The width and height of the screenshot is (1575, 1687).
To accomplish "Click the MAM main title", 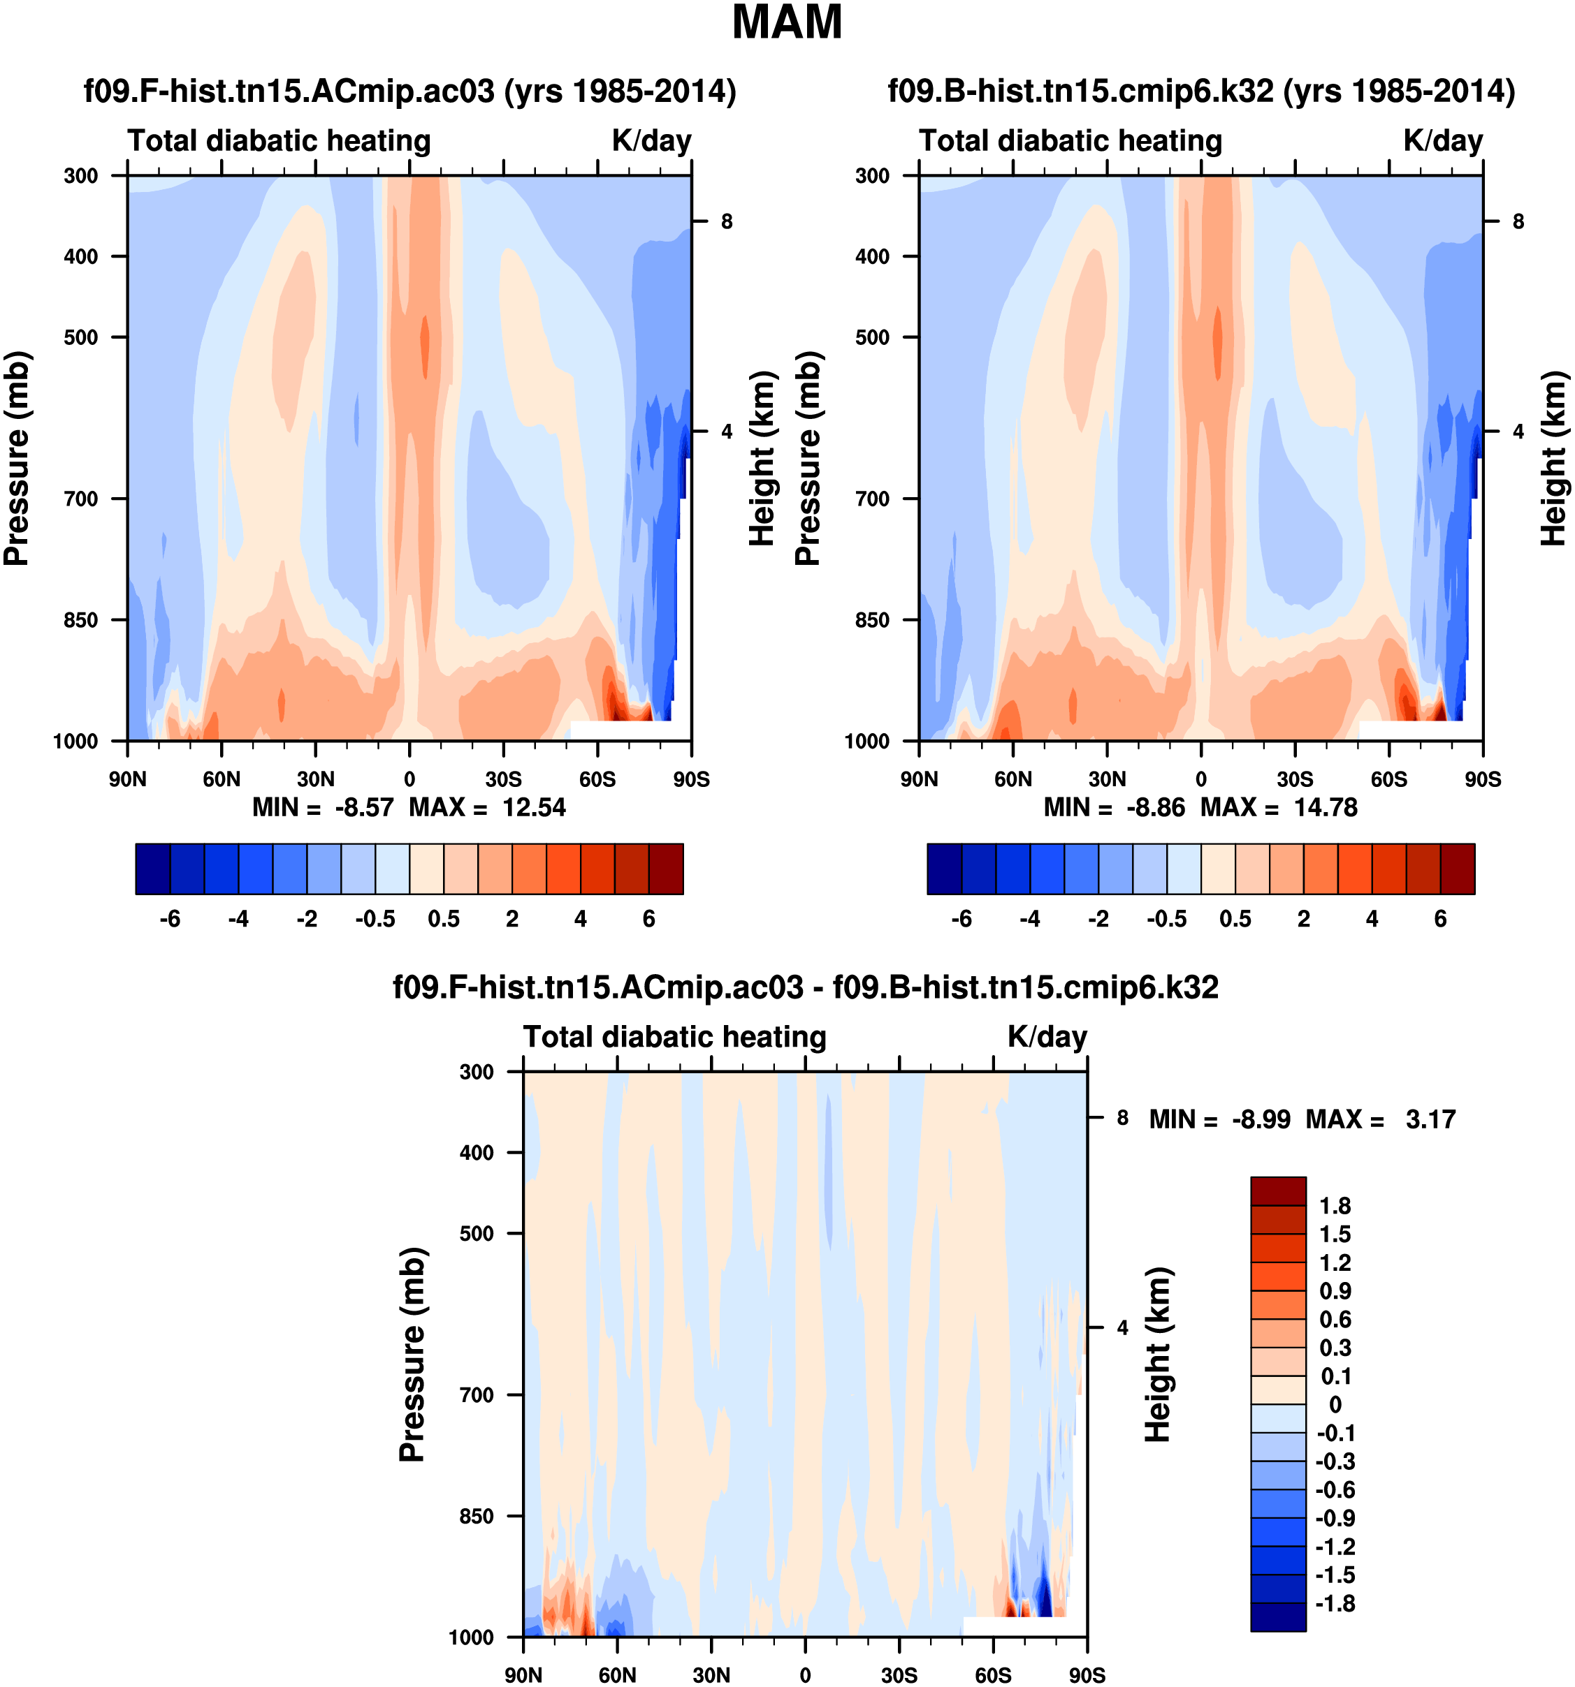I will click(786, 23).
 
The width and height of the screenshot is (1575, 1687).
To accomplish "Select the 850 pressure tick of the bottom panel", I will click(477, 1517).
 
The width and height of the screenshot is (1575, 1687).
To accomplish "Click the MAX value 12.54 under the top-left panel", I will click(533, 807).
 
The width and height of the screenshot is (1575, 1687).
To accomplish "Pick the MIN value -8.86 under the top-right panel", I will click(1155, 807).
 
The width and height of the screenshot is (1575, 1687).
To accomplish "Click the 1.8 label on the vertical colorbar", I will click(1335, 1206).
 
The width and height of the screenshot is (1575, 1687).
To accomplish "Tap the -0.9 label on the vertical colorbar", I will click(1335, 1518).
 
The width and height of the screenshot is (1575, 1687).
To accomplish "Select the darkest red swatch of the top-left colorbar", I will click(666, 869).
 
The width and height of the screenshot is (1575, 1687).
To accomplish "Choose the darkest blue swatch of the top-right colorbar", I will click(944, 869).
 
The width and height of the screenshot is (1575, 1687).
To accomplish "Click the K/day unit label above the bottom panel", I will click(1047, 1037).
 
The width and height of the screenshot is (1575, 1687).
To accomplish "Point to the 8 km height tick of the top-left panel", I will click(726, 221).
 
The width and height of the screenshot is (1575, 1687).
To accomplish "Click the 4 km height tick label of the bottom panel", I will click(1122, 1328).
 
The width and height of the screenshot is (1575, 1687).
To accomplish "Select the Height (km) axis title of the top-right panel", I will click(1553, 458).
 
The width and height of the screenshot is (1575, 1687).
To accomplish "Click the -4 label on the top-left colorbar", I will click(238, 919).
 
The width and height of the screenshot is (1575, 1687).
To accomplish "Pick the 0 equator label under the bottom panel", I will click(805, 1675).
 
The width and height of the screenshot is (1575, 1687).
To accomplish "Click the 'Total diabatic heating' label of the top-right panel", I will click(1070, 141).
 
